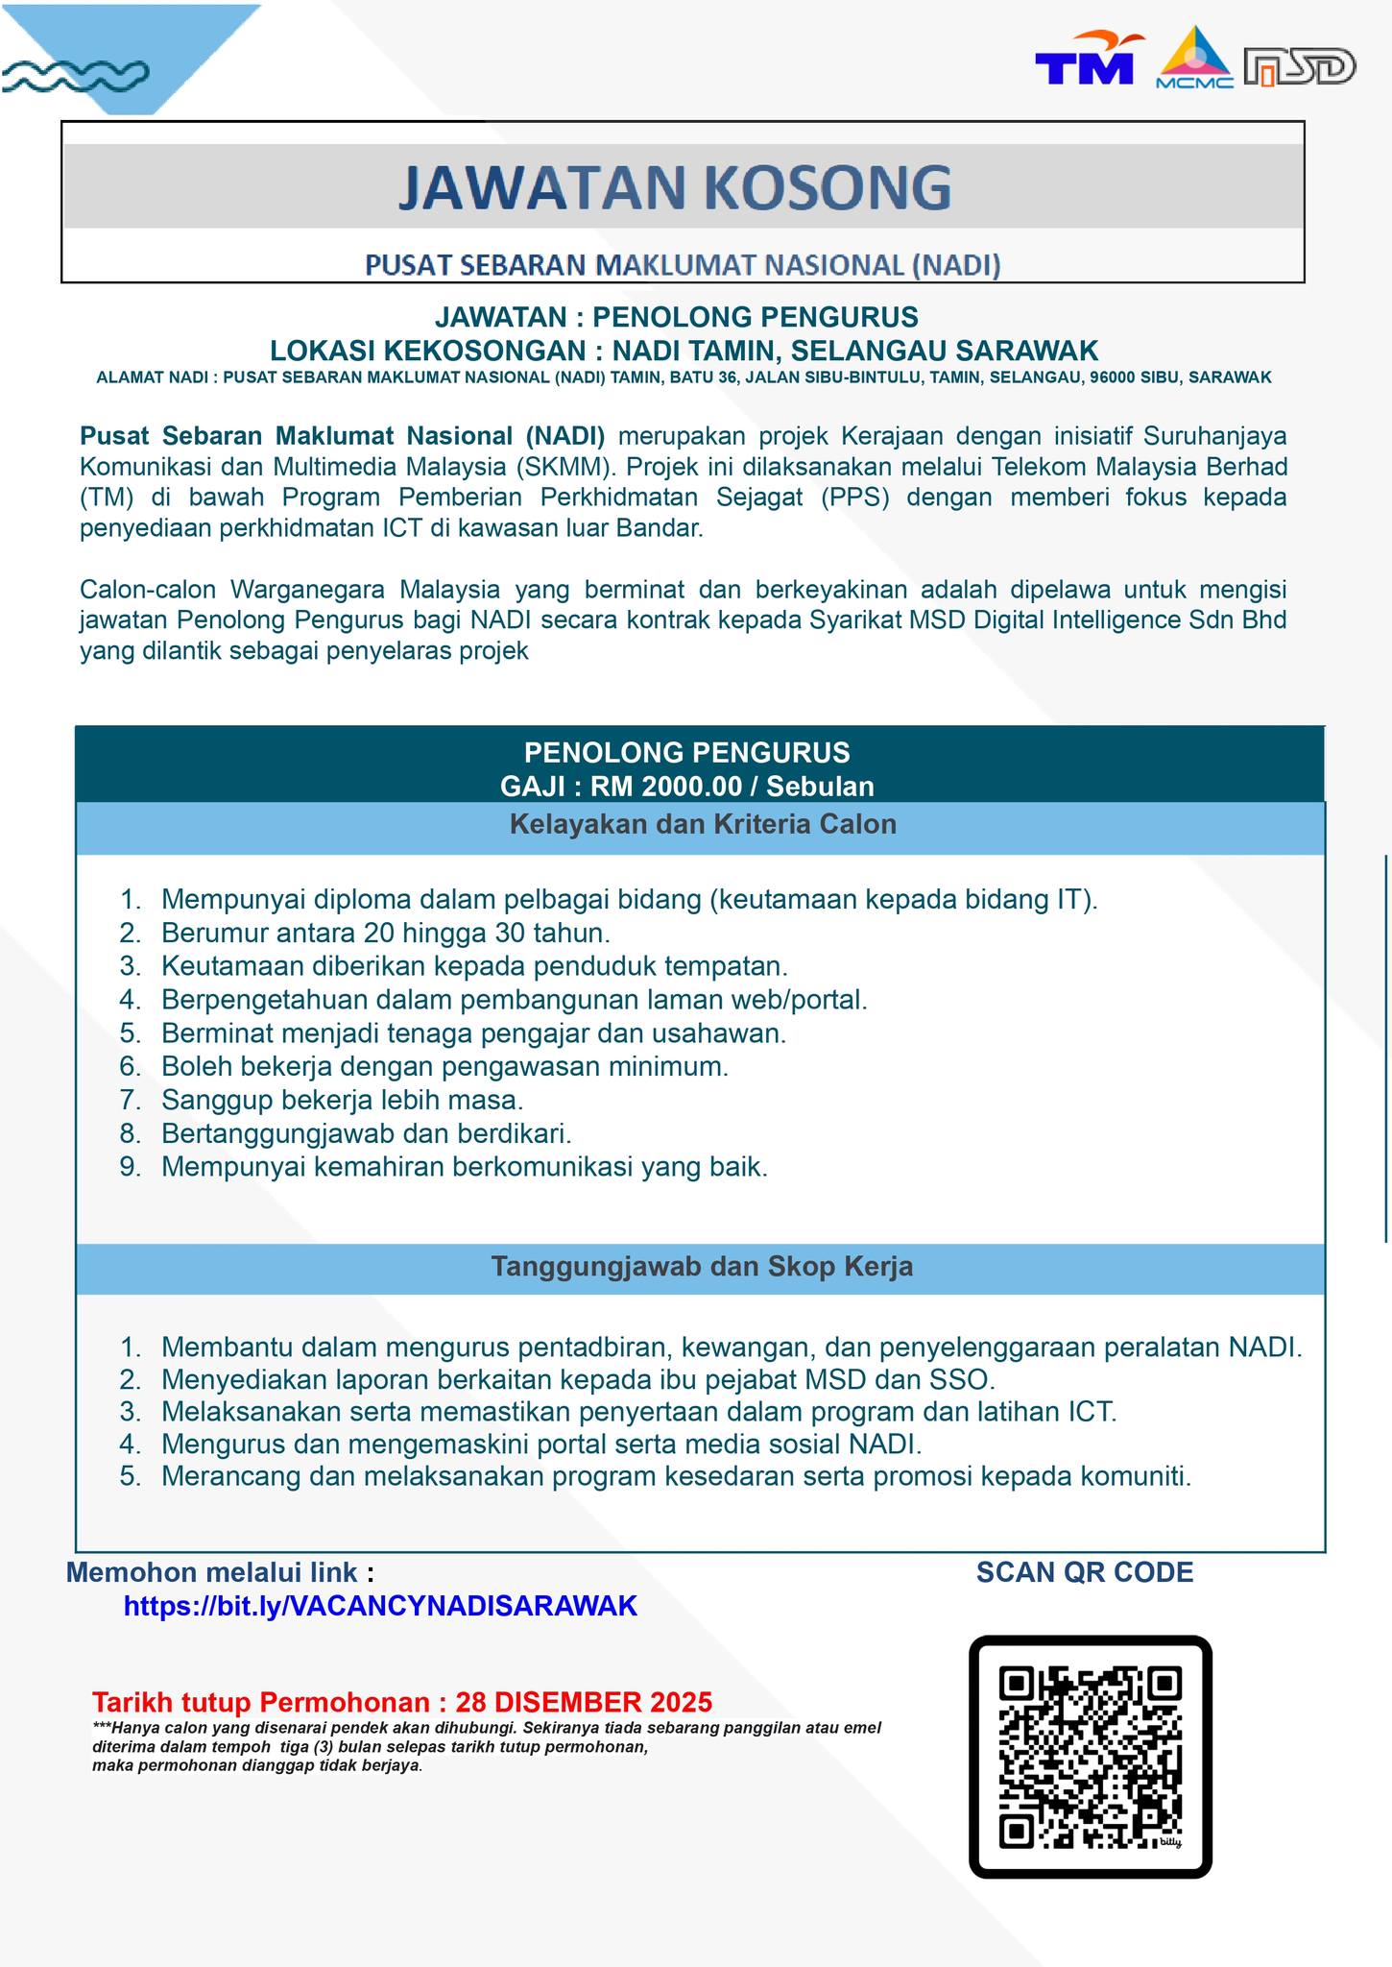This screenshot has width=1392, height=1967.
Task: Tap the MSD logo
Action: (1299, 67)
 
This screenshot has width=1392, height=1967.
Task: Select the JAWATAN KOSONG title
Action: (675, 187)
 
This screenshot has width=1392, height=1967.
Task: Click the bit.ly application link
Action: (380, 1606)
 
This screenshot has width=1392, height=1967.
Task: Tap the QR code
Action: (1090, 1758)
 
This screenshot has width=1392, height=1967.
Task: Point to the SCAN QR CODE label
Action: (1085, 1572)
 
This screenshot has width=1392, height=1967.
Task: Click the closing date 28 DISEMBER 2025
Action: (584, 1702)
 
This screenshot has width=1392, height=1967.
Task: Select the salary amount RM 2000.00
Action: (665, 787)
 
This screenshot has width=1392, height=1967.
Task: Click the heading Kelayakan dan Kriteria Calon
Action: (702, 824)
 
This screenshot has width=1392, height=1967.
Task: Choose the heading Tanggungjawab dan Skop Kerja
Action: (702, 1267)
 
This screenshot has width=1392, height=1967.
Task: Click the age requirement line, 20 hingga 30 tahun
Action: (386, 933)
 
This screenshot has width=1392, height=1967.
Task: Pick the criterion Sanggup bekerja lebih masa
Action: (342, 1099)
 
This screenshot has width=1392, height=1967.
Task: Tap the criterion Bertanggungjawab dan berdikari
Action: (366, 1133)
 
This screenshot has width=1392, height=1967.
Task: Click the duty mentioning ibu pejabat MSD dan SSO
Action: (578, 1379)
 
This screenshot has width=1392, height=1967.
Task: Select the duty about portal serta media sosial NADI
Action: (541, 1444)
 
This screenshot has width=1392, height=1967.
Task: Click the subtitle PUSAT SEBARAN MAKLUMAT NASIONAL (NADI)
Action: (683, 265)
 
